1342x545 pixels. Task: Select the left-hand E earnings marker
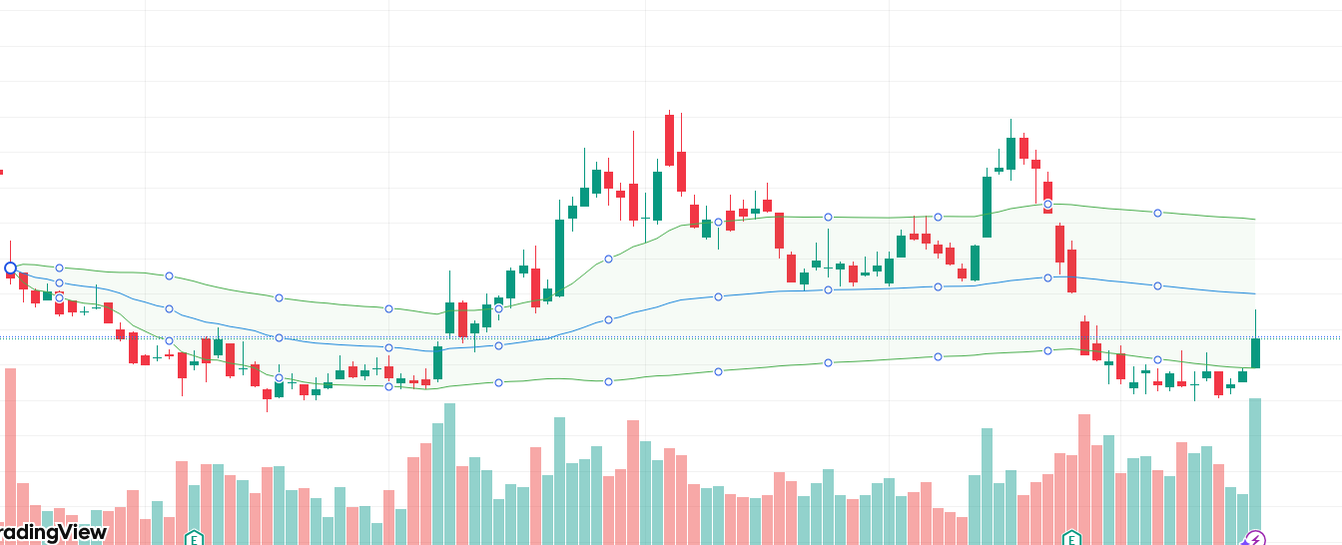[194, 539]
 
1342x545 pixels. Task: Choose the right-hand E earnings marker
[1071, 539]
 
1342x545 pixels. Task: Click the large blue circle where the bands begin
[11, 268]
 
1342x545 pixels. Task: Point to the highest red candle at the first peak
[669, 140]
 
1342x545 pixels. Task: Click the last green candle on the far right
[1255, 352]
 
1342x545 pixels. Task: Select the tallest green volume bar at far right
[1255, 469]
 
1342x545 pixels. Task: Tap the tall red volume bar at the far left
[11, 454]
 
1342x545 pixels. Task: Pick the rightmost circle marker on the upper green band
[1157, 213]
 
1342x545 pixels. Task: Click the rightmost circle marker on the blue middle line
[1157, 286]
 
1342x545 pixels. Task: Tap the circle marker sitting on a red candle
[1047, 205]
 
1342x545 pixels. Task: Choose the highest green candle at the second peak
[1010, 153]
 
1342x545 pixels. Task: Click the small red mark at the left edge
[1, 172]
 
